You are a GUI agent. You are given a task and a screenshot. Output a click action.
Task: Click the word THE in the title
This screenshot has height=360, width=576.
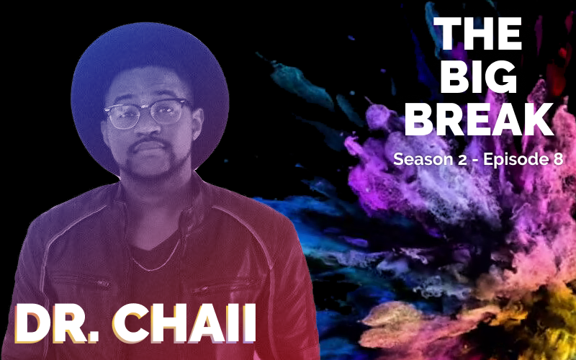pyautogui.click(x=477, y=33)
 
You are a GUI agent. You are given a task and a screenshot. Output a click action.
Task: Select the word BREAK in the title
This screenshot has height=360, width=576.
pyautogui.click(x=479, y=120)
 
